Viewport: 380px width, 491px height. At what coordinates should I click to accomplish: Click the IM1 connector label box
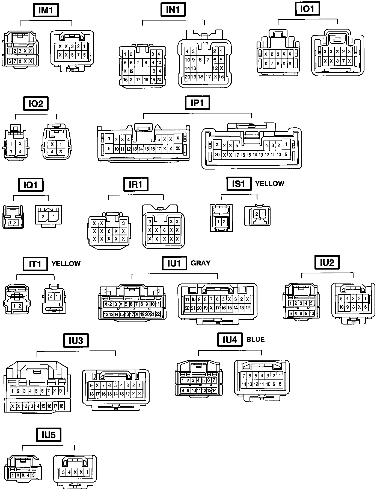pos(46,10)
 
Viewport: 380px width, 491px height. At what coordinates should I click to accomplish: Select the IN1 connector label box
pos(173,10)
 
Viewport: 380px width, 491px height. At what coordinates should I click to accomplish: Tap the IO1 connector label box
pos(307,9)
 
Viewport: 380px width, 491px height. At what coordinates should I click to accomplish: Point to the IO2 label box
pos(36,104)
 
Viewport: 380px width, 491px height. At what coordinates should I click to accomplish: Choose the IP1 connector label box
pos(197,103)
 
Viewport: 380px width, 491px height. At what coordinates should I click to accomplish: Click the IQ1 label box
pos(31,185)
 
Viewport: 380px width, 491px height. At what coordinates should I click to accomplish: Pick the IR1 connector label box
pos(136,185)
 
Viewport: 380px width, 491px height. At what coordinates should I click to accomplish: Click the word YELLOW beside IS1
pos(269,183)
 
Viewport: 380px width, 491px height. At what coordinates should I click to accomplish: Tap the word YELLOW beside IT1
pos(66,264)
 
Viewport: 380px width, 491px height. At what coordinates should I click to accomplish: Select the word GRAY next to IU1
pos(200,263)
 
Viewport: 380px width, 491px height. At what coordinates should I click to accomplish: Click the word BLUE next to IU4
pos(255,339)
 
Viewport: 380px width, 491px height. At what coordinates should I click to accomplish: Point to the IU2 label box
pos(327,263)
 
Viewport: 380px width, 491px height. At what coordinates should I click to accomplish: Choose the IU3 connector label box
pos(76,341)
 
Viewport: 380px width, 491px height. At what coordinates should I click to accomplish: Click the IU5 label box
pos(49,435)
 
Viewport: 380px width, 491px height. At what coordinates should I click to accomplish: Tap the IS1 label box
pos(239,184)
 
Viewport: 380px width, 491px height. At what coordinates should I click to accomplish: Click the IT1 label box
pos(35,264)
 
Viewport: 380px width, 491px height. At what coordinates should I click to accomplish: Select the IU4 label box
pos(230,340)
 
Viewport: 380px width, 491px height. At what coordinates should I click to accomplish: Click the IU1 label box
pos(174,263)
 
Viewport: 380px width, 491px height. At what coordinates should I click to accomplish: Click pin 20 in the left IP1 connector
pos(178,148)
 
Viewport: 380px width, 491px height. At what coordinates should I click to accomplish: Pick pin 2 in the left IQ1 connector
pos(16,223)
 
